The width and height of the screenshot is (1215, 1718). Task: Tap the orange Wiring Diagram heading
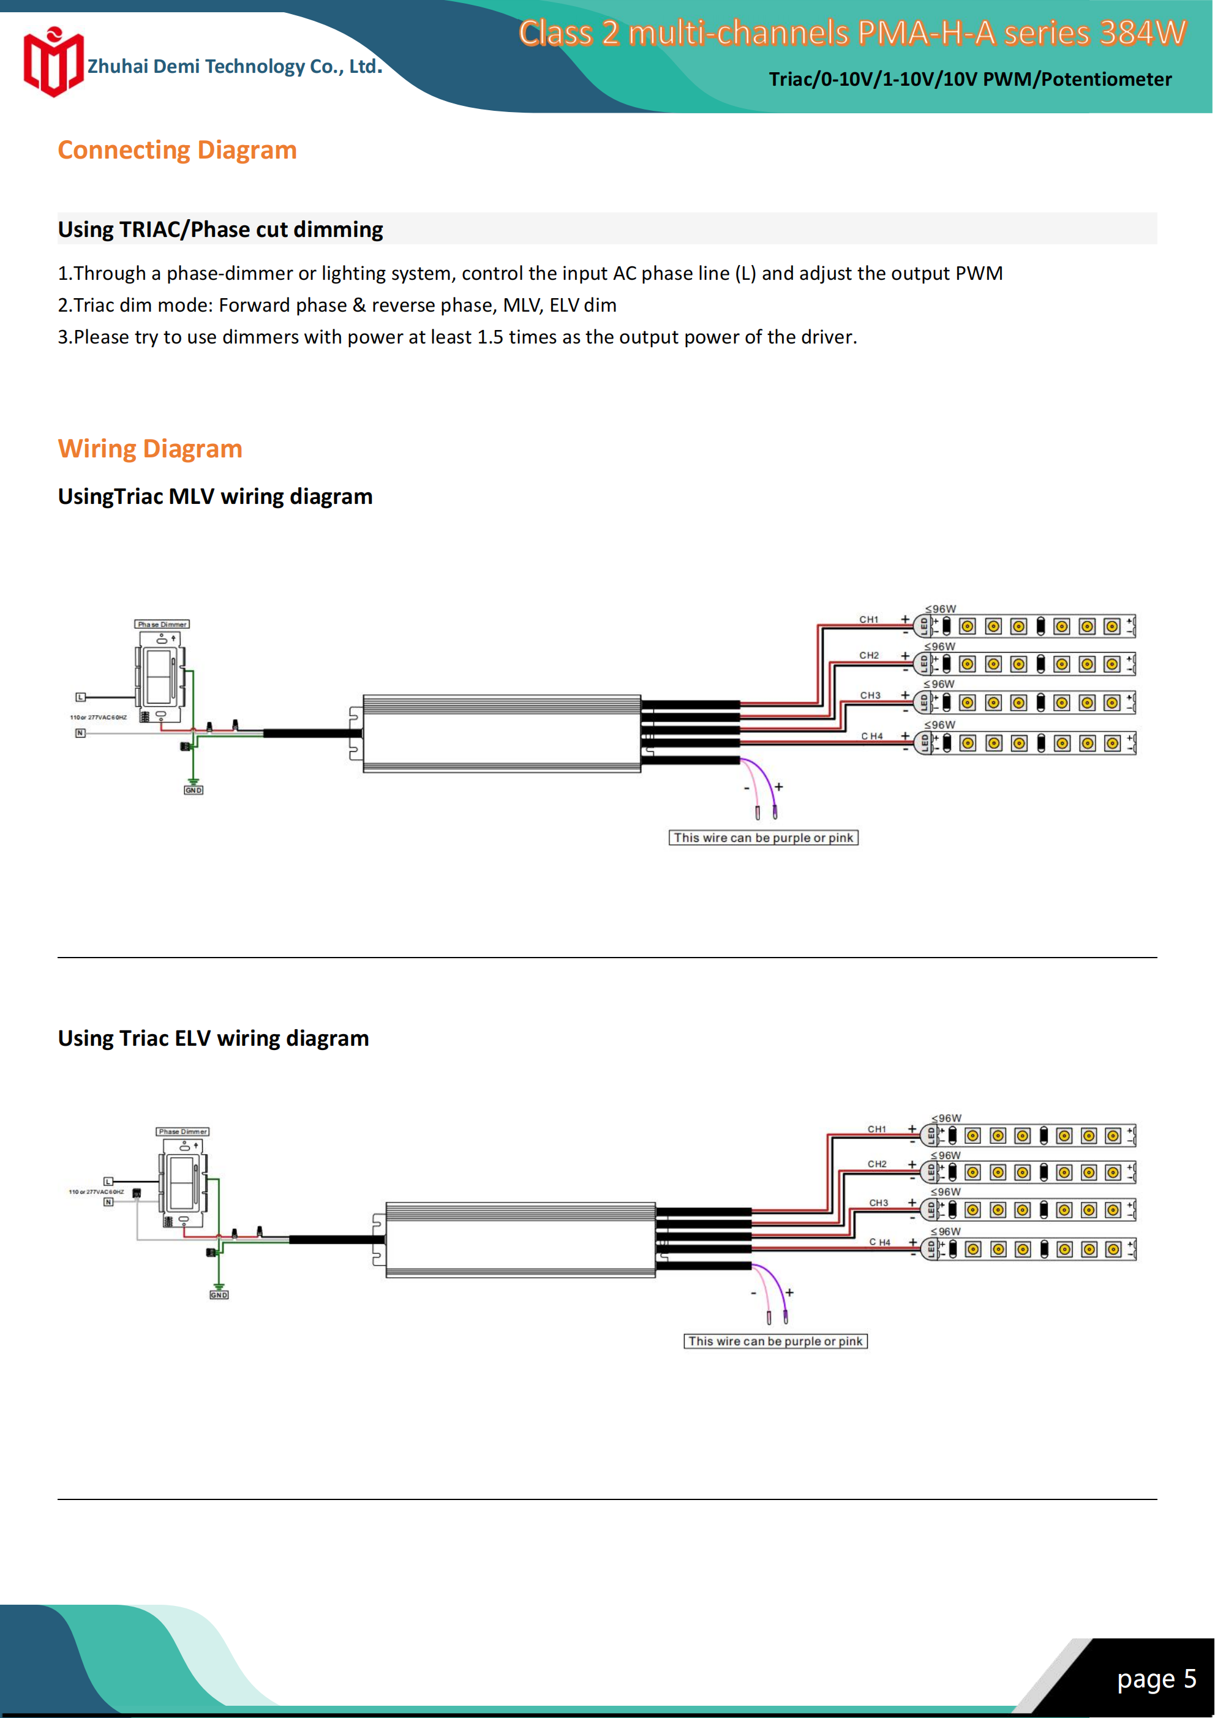[x=149, y=449]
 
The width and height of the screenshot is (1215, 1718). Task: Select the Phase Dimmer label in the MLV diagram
[x=162, y=624]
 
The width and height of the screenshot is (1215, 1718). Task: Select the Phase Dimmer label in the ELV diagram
[x=182, y=1131]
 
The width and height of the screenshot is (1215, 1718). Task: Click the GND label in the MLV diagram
[x=193, y=790]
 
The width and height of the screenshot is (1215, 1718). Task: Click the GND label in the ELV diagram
[x=219, y=1294]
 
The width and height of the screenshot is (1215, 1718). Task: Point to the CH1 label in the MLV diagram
[x=868, y=620]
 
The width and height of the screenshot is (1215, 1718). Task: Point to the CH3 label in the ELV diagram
[x=878, y=1202]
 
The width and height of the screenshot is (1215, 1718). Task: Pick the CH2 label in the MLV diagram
[x=868, y=656]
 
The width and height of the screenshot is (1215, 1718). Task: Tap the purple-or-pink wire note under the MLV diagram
[x=763, y=838]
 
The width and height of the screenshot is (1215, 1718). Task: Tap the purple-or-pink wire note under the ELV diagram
[x=775, y=1341]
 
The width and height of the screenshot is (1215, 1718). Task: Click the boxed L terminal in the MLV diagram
[x=80, y=697]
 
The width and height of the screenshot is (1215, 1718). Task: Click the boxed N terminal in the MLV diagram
[x=80, y=733]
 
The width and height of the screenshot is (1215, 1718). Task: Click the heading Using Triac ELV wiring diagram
[x=213, y=1038]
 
